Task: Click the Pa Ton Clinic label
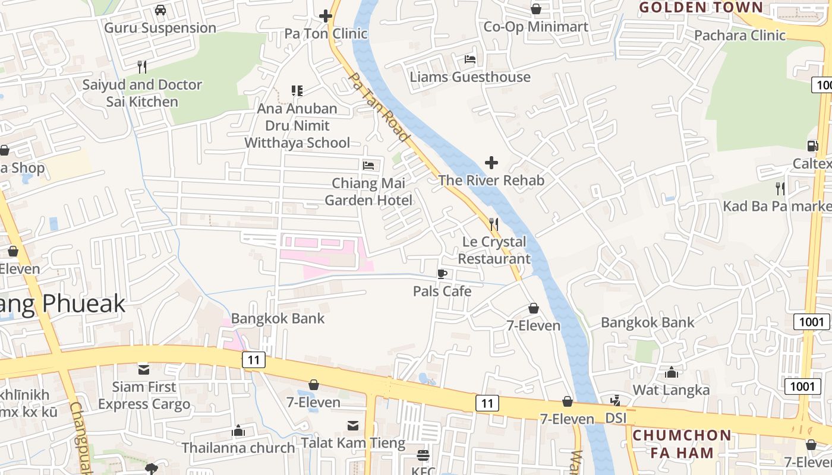point(326,34)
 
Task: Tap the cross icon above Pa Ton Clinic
point(326,16)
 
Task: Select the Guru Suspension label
point(160,28)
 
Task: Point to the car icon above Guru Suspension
point(160,10)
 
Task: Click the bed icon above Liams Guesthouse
point(470,59)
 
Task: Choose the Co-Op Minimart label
point(535,27)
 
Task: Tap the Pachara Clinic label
point(740,35)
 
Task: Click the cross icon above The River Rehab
point(491,162)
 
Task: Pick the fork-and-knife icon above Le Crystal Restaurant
point(494,224)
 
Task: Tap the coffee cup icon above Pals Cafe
point(442,274)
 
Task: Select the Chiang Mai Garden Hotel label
point(368,192)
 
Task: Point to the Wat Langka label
point(671,390)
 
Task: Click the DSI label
point(616,418)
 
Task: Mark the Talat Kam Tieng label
point(353,443)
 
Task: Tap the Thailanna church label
point(238,448)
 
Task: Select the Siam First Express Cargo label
point(144,395)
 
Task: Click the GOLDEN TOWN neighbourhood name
point(701,7)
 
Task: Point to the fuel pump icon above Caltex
point(812,146)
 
